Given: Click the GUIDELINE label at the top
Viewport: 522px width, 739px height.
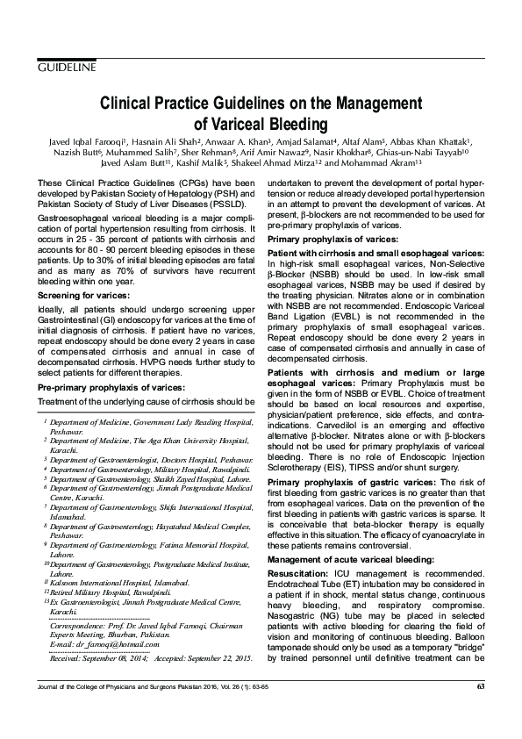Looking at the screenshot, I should [67, 68].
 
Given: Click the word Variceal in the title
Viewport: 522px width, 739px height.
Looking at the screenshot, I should [232, 124].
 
